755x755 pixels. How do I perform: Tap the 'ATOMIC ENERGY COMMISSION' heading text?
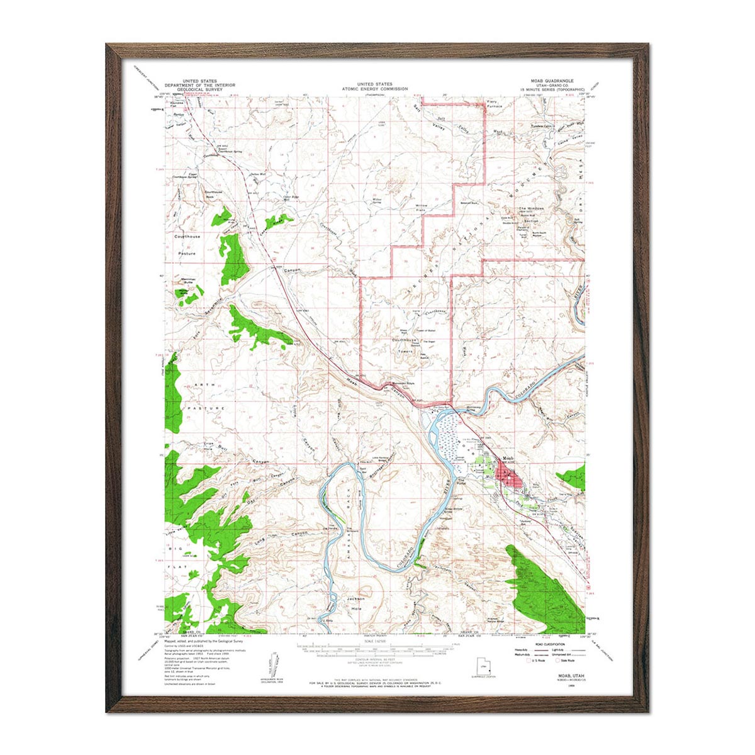[374, 89]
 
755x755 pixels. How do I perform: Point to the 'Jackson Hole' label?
[356, 603]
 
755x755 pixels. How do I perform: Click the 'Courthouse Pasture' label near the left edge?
[187, 245]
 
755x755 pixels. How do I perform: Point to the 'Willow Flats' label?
[422, 209]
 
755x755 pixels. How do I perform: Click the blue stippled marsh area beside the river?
[446, 435]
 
